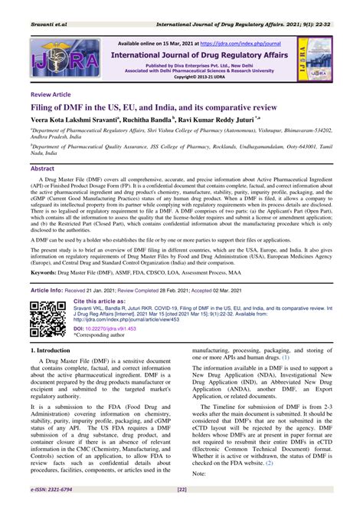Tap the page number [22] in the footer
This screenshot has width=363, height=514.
coord(181,509)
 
